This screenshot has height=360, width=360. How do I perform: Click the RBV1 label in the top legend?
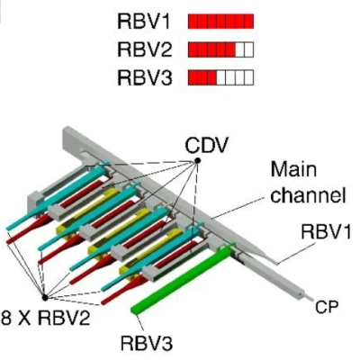pyautogui.click(x=145, y=20)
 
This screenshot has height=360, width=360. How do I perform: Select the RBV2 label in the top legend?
pyautogui.click(x=145, y=49)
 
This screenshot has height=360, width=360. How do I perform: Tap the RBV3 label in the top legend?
pyautogui.click(x=145, y=77)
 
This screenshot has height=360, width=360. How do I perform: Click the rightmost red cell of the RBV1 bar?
pyautogui.click(x=248, y=20)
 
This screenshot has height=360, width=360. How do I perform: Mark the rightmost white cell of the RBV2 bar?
pyautogui.click(x=248, y=49)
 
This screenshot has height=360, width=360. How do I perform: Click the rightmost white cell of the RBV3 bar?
pyautogui.click(x=248, y=77)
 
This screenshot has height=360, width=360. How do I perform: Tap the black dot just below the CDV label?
pyautogui.click(x=196, y=161)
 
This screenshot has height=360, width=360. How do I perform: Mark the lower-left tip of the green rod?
pyautogui.click(x=137, y=310)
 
